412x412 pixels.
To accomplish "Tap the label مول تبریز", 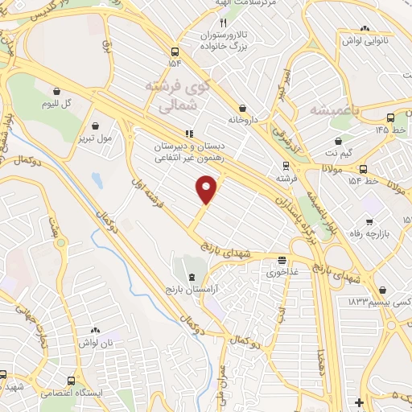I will coord(97,139).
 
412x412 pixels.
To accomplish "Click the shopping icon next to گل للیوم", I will coord(56,92).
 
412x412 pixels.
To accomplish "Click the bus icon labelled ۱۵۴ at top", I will coord(175,48).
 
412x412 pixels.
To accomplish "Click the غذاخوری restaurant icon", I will coord(282,260).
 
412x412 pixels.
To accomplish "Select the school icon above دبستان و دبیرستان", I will coord(188,134).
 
